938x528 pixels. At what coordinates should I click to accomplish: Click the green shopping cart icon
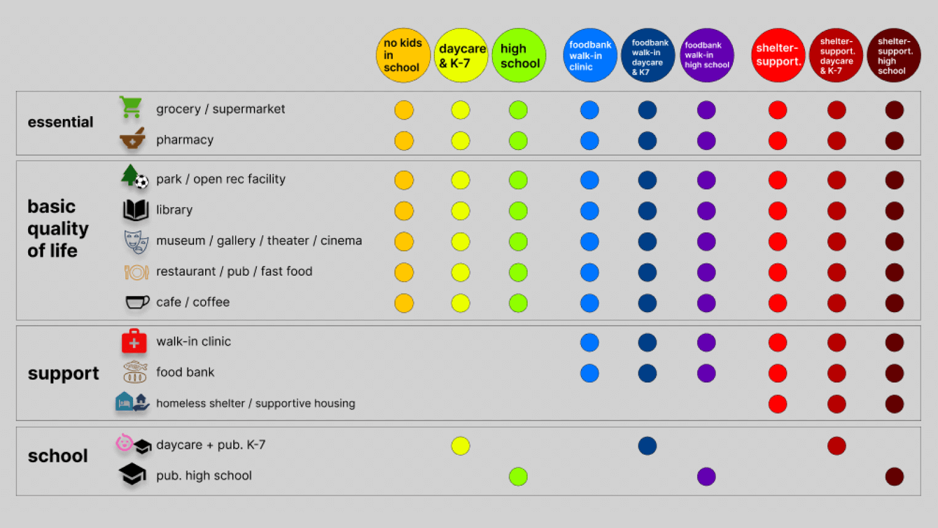pyautogui.click(x=131, y=107)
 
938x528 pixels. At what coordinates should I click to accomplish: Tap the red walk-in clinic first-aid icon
pyautogui.click(x=134, y=341)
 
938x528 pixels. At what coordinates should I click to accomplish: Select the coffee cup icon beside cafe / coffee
pyautogui.click(x=137, y=302)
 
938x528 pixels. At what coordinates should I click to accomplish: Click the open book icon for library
pyautogui.click(x=135, y=209)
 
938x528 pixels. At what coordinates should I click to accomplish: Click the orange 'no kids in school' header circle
pyautogui.click(x=403, y=55)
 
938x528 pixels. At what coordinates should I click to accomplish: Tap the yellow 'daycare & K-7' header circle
pyautogui.click(x=461, y=55)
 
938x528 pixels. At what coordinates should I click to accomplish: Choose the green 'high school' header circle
pyautogui.click(x=519, y=55)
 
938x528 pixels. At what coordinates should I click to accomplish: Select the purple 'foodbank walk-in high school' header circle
pyautogui.click(x=706, y=55)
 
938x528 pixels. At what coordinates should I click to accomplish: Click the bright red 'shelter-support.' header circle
pyautogui.click(x=778, y=55)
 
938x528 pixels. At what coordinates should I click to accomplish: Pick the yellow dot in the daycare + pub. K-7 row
pyautogui.click(x=461, y=446)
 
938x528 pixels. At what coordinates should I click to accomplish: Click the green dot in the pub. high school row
pyautogui.click(x=518, y=476)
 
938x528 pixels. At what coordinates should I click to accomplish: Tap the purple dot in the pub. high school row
pyautogui.click(x=706, y=476)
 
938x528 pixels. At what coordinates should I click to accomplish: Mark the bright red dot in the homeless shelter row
pyautogui.click(x=777, y=404)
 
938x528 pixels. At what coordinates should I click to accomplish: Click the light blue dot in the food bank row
pyautogui.click(x=590, y=373)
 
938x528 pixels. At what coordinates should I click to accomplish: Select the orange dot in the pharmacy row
pyautogui.click(x=404, y=141)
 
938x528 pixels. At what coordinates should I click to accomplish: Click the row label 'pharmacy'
pyautogui.click(x=185, y=140)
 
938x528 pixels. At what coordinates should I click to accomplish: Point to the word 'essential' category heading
pyautogui.click(x=60, y=122)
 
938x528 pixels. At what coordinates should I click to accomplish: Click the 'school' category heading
pyautogui.click(x=58, y=456)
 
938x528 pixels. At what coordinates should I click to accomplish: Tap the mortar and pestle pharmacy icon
pyautogui.click(x=132, y=138)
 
